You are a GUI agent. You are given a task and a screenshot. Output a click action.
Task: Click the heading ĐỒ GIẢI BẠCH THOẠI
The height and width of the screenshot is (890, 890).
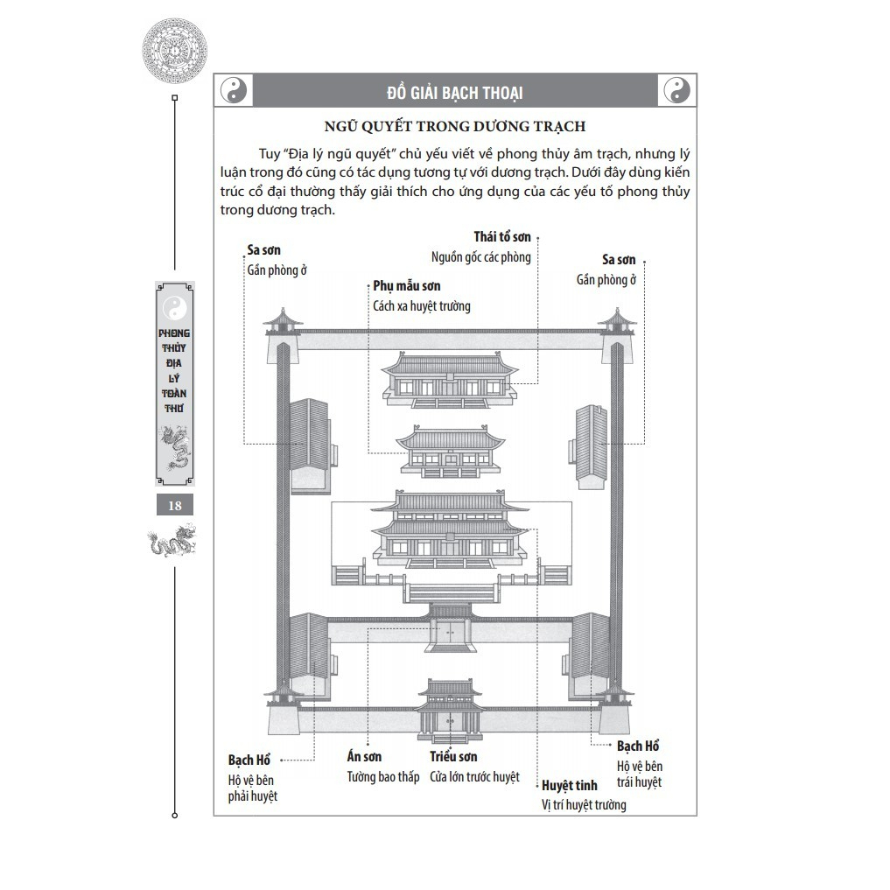point(455,93)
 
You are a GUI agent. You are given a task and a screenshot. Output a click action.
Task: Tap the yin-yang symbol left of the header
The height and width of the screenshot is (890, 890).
point(234,89)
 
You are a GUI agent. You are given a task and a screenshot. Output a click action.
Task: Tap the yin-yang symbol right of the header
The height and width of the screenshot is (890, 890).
point(676,89)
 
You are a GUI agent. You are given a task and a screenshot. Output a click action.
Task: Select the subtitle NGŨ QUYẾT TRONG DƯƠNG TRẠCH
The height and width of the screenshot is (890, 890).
point(455,126)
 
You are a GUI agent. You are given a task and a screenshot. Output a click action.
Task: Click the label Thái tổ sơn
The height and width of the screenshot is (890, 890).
point(502,236)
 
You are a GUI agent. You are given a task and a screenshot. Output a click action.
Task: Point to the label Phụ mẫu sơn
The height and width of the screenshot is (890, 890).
point(406,286)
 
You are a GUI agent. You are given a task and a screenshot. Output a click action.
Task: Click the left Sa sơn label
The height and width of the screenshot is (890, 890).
point(263,249)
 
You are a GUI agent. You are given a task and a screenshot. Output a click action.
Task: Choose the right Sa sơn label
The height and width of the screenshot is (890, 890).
point(619,259)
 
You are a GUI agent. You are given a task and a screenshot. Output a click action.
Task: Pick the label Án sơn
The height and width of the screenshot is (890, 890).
point(364,756)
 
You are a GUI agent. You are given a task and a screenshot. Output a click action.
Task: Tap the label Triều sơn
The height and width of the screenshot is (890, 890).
point(453,756)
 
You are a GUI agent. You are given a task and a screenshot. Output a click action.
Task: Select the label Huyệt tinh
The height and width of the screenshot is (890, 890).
point(570,786)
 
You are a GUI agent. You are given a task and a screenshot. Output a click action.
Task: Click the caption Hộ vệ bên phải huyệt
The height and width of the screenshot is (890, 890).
point(253,788)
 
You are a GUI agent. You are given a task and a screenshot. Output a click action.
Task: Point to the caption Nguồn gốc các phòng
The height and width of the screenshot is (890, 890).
point(480,257)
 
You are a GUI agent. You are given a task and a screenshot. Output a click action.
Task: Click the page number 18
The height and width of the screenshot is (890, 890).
point(175,505)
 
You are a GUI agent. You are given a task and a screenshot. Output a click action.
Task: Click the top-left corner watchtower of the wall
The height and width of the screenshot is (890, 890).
point(283,335)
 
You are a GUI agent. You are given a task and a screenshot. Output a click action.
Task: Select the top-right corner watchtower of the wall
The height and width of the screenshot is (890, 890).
point(617,335)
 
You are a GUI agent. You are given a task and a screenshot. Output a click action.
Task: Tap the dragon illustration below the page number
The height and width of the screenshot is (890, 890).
point(172,541)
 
